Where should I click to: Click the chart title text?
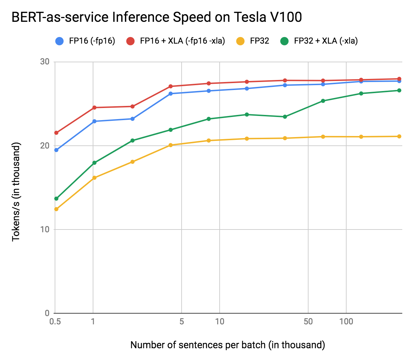pos(157,17)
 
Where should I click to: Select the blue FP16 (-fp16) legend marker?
pos(59,41)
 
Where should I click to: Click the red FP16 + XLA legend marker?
pos(130,41)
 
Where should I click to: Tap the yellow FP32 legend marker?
pos(240,41)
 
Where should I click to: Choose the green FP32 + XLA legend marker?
pos(284,41)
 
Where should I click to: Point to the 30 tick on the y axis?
pos(45,62)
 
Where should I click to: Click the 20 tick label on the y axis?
pos(45,145)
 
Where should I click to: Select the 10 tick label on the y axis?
pos(45,229)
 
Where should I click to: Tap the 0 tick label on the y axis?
pos(47,313)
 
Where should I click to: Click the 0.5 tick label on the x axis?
pos(55,322)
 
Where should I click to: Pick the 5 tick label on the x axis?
pos(182,322)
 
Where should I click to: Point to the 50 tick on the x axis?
pos(308,322)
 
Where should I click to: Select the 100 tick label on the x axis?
pos(346,322)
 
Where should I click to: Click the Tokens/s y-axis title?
pos(16,192)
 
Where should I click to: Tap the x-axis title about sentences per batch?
pos(228,345)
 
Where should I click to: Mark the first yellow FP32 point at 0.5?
pos(56,209)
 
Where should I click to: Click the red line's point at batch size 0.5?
pos(56,133)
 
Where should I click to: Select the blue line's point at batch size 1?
pos(94,121)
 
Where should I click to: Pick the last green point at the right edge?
pos(399,90)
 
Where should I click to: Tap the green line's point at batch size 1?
pos(94,163)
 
